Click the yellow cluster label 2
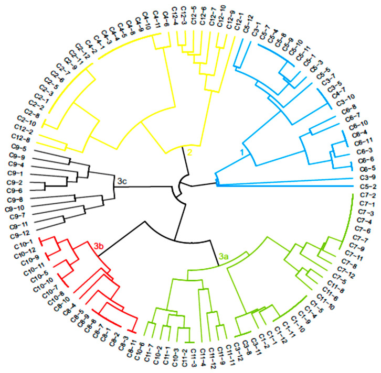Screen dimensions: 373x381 click(190, 152)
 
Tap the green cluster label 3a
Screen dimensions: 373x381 click(224, 257)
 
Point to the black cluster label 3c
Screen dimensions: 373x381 click(122, 181)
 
